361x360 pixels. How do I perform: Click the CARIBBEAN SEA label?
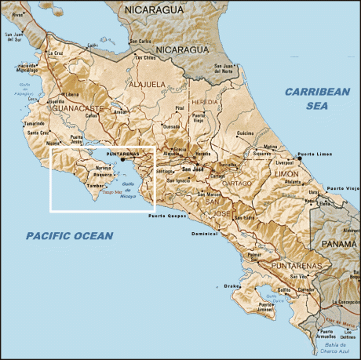pyautogui.click(x=316, y=98)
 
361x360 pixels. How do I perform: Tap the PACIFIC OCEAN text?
pyautogui.click(x=69, y=235)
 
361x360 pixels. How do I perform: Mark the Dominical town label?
pyautogui.click(x=204, y=234)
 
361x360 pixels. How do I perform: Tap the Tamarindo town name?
pyautogui.click(x=35, y=124)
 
